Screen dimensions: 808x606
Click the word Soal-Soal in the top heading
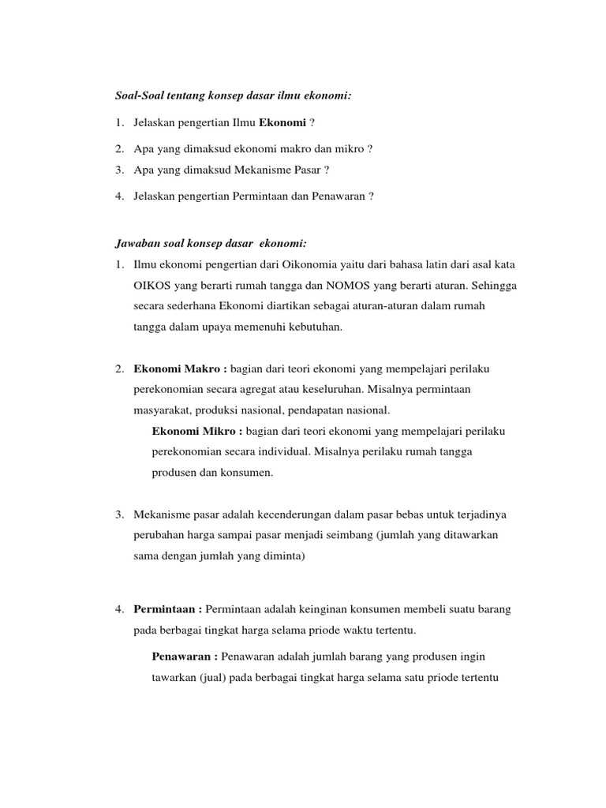(140, 95)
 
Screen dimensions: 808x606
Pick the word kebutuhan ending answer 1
(316, 327)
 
